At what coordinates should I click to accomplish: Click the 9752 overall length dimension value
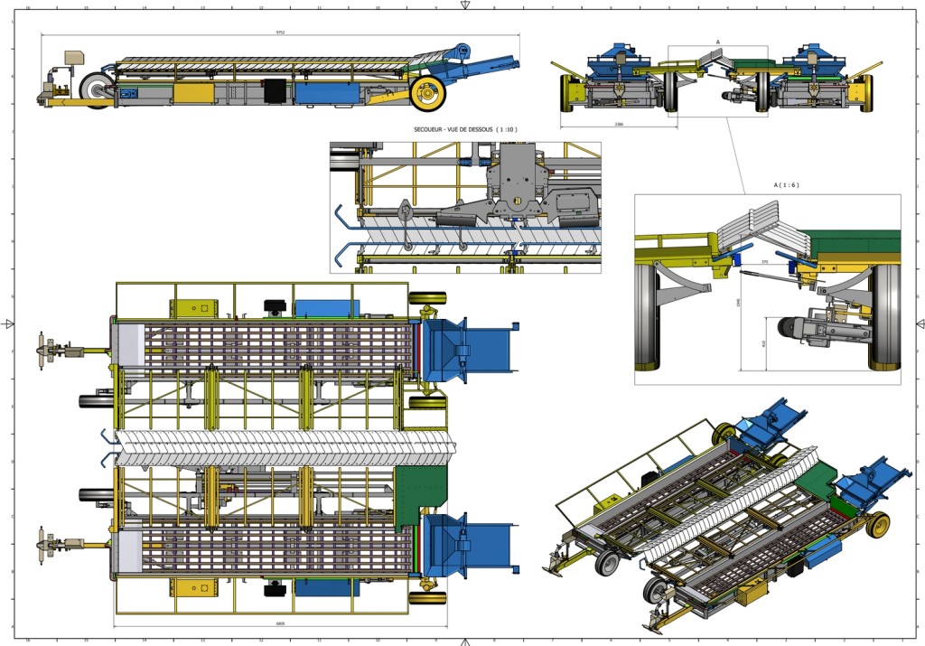pos(280,32)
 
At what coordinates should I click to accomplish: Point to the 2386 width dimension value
pos(618,124)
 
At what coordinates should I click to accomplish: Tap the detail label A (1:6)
pos(786,185)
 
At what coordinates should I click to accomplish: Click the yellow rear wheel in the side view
pos(427,91)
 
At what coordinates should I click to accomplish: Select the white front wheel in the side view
pos(96,89)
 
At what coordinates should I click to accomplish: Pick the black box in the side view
pos(273,91)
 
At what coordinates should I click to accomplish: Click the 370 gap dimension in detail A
pos(764,262)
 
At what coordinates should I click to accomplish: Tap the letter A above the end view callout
pos(717,42)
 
